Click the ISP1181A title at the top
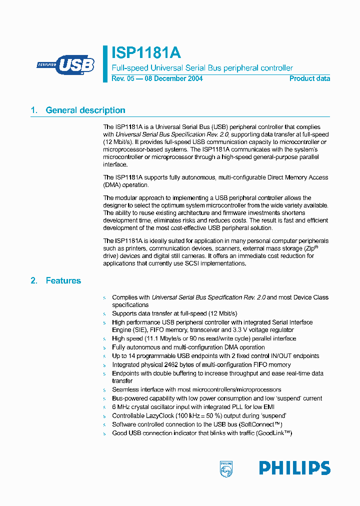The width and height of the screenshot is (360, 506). click(x=146, y=53)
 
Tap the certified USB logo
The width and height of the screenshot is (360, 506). click(x=65, y=65)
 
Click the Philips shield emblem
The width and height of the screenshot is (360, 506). click(x=226, y=468)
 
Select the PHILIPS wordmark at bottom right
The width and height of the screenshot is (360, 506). click(x=294, y=468)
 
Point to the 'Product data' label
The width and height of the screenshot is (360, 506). click(x=309, y=78)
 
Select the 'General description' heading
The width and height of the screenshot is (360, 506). click(x=85, y=110)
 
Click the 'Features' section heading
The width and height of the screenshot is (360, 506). click(x=63, y=281)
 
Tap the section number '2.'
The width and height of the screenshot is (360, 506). click(x=34, y=281)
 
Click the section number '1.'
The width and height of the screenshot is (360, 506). click(x=34, y=110)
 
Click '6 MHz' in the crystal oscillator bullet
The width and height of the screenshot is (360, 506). click(x=121, y=407)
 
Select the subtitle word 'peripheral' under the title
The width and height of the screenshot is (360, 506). click(x=238, y=68)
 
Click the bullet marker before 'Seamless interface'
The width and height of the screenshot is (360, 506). click(x=104, y=390)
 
